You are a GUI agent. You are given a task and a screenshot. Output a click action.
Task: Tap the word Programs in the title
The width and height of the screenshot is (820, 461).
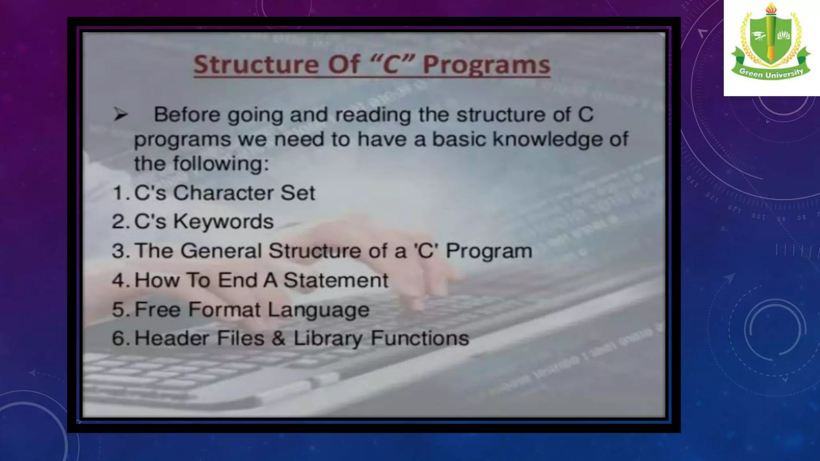[486, 65]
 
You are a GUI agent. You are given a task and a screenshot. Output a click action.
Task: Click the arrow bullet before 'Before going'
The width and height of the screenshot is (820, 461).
[120, 115]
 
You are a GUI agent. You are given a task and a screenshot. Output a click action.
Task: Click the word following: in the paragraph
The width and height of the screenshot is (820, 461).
[221, 164]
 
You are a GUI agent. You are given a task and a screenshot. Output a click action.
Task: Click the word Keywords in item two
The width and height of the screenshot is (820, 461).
[223, 221]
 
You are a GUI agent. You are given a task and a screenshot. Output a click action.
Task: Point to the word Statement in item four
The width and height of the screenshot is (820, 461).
[336, 280]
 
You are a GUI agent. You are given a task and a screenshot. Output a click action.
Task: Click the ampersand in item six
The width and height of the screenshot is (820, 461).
[278, 338]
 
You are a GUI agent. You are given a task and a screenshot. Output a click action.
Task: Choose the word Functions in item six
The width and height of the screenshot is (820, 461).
[420, 338]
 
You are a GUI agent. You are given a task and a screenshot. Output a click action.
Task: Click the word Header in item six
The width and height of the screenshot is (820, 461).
[171, 338]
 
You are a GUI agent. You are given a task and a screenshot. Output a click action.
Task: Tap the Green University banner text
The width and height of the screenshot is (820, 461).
[771, 73]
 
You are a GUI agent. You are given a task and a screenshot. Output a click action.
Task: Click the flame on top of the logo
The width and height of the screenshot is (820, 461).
[771, 8]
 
